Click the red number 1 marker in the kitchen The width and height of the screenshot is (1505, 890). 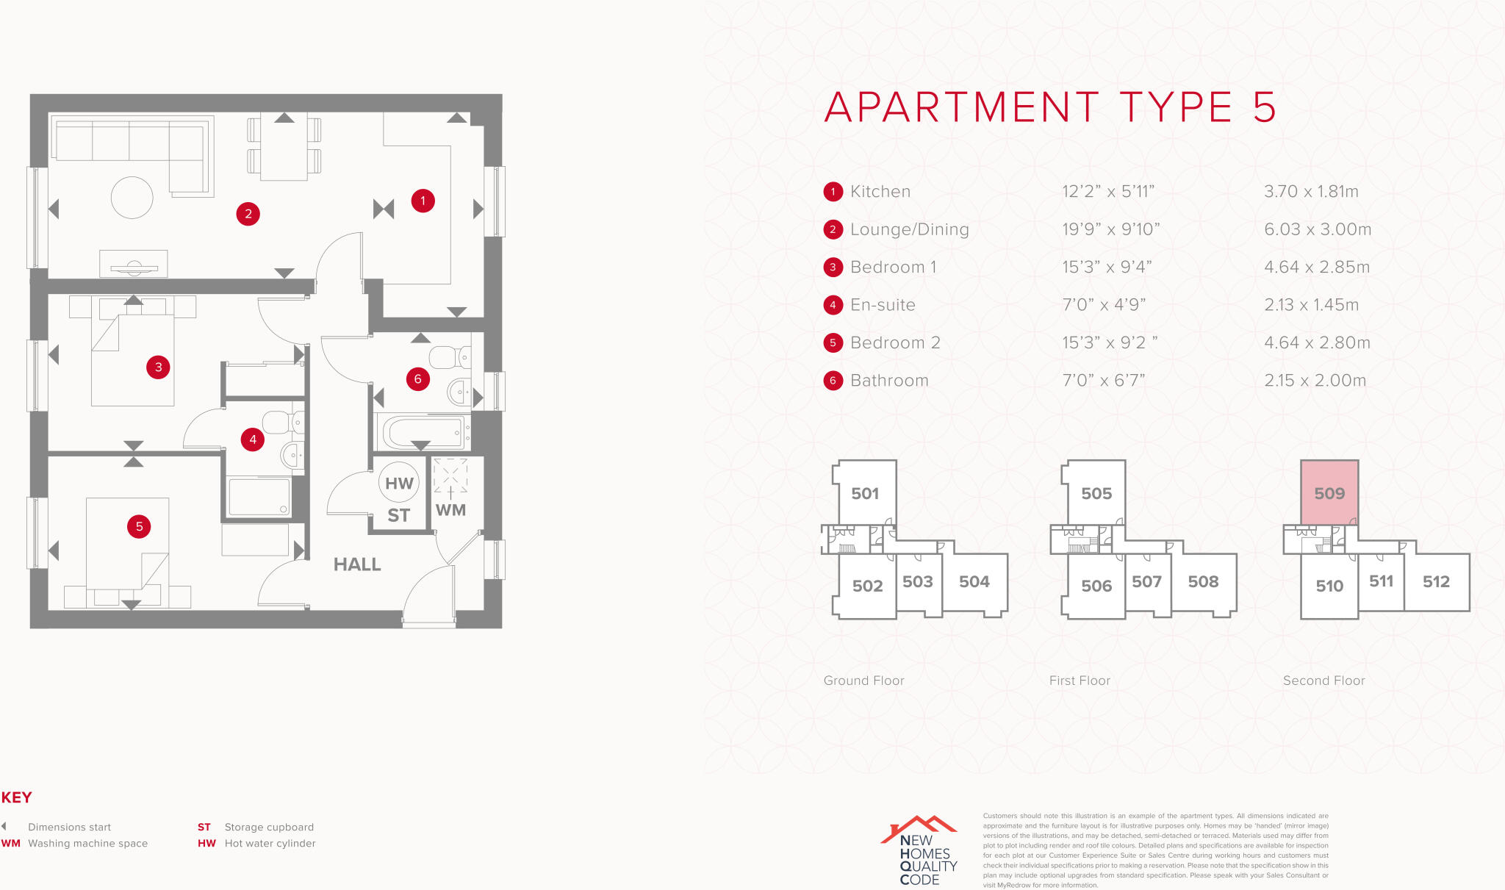point(423,201)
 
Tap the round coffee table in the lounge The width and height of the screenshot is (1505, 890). point(132,198)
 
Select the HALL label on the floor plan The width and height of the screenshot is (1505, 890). point(357,564)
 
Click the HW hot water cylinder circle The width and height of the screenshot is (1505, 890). point(399,483)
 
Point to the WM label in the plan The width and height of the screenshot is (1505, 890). point(450,510)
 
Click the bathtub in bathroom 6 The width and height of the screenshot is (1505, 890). point(422,432)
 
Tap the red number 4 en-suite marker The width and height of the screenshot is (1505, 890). point(253,439)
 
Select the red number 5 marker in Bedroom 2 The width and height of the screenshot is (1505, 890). point(139,526)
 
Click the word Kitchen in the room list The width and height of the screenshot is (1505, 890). point(880,192)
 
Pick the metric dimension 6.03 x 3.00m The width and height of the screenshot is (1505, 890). point(1318,229)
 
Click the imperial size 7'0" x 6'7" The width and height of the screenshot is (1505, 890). point(1104,381)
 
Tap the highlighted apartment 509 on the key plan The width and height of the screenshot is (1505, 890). point(1329,493)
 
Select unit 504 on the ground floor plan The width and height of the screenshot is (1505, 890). point(974,582)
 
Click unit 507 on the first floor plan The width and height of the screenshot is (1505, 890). point(1146,582)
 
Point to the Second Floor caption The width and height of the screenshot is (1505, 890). point(1323,681)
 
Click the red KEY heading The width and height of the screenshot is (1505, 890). point(16,797)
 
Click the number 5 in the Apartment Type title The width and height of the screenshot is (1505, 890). point(1265,107)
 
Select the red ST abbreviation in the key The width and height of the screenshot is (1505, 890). point(204,828)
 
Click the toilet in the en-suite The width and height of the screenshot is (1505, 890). point(279,423)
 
